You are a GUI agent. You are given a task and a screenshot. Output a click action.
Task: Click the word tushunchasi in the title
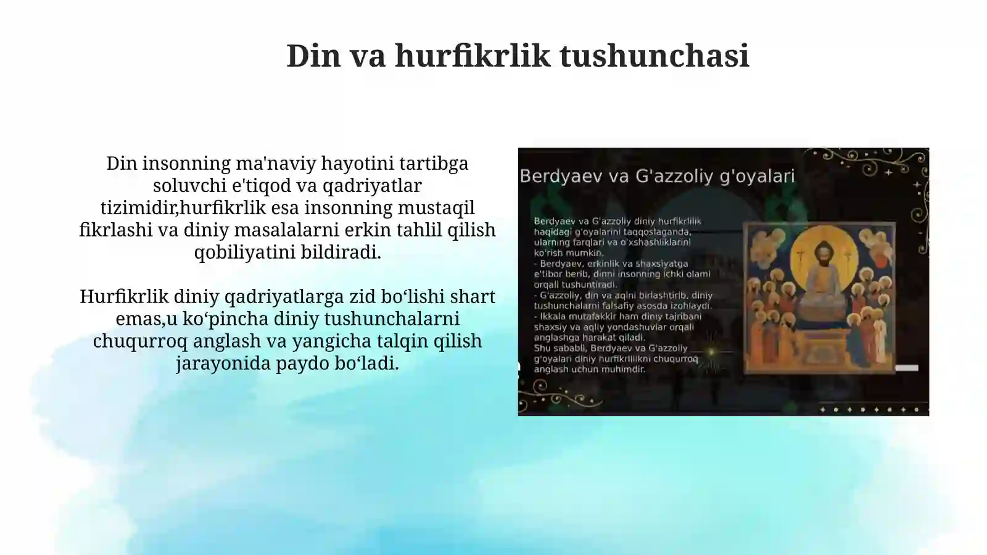coord(655,56)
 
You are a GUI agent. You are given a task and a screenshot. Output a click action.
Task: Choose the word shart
coord(473,297)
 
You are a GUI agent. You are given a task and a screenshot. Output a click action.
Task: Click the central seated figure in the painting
coord(820,272)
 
